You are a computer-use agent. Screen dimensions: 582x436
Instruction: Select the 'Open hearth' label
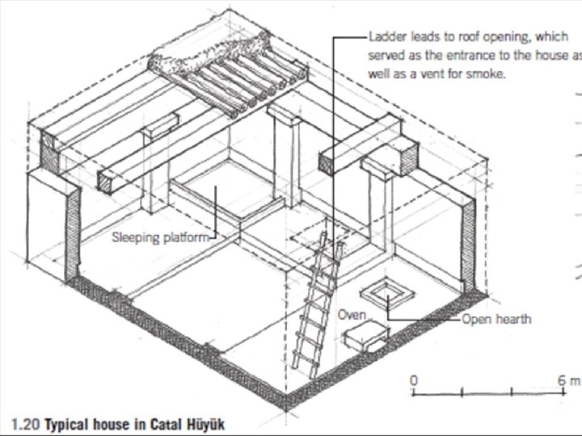click(x=496, y=319)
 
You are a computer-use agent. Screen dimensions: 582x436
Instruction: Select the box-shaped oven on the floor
click(x=361, y=332)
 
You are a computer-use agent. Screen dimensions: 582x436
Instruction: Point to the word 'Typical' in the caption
click(x=68, y=423)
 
